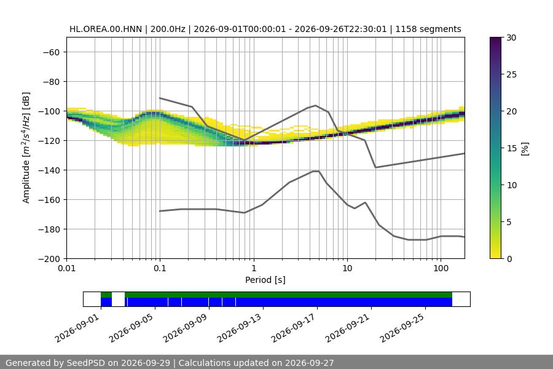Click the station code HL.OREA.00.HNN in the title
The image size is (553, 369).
[x=106, y=29]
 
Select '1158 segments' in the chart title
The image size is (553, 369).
[x=428, y=29]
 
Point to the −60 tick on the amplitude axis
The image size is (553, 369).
[x=51, y=52]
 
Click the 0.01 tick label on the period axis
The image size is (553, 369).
[x=66, y=268]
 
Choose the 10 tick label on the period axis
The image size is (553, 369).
[x=347, y=268]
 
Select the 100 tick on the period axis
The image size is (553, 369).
[x=441, y=268]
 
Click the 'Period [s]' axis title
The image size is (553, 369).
[x=265, y=280]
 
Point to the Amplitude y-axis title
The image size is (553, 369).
[x=26, y=148]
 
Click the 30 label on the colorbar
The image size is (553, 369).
[x=511, y=38]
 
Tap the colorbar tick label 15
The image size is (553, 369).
[x=511, y=148]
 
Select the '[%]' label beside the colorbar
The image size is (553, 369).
[x=525, y=149]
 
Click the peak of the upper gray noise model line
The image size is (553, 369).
[x=316, y=105]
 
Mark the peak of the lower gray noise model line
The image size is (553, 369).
[x=316, y=171]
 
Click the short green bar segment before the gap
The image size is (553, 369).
[x=106, y=295]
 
